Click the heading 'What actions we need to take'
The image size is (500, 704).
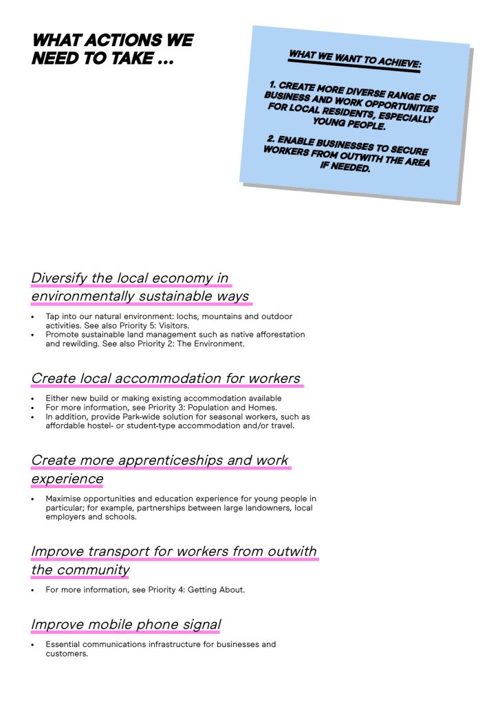pyautogui.click(x=112, y=49)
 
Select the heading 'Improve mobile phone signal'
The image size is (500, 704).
pyautogui.click(x=126, y=625)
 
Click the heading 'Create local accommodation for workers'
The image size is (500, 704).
pyautogui.click(x=166, y=379)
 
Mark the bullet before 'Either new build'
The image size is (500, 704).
pyautogui.click(x=33, y=399)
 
